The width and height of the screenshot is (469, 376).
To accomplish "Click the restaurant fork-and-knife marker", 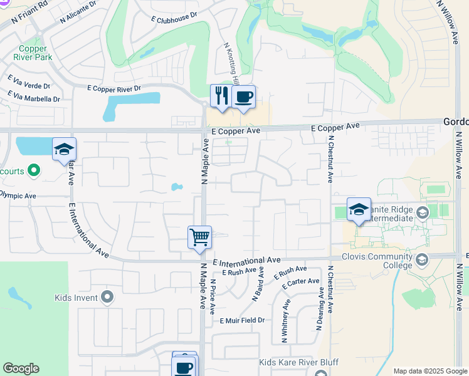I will [x=220, y=97].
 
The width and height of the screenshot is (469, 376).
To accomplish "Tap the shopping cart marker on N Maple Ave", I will [x=199, y=238].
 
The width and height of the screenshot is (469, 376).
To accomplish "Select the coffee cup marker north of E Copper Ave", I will [x=243, y=97].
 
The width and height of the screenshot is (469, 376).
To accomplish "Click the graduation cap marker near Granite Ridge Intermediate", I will [x=358, y=209].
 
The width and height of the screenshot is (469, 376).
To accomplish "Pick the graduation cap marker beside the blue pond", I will [x=64, y=149].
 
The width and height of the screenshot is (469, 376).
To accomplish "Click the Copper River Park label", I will [x=35, y=53].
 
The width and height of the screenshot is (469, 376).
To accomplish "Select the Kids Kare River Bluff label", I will [x=299, y=363].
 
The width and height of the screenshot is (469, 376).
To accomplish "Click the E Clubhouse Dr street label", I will [x=174, y=14].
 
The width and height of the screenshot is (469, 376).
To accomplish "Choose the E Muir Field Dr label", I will [x=242, y=320].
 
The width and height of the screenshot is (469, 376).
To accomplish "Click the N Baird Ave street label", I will [x=258, y=286].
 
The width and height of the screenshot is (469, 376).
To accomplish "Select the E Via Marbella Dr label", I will [x=34, y=97].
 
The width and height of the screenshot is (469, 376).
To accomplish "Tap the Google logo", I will [x=21, y=368].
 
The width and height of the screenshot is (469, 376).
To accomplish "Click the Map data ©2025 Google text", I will [x=429, y=371].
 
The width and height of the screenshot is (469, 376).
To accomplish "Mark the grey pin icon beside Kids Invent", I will [x=107, y=296].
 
